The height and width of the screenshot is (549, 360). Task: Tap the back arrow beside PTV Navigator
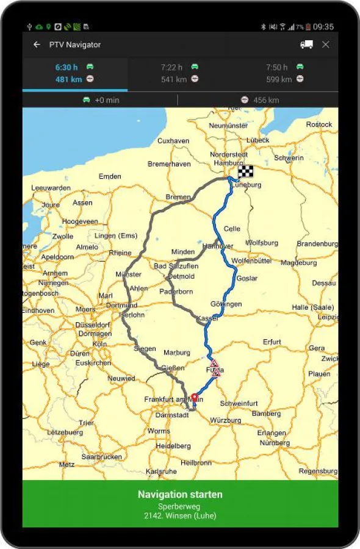[37, 45]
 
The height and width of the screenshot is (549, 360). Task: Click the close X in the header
[326, 45]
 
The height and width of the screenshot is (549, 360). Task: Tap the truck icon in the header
[307, 45]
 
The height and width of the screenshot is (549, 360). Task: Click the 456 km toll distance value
[266, 100]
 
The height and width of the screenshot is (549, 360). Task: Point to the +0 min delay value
[107, 100]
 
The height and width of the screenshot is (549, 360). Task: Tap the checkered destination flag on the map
[245, 171]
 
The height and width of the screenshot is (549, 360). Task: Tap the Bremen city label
[178, 197]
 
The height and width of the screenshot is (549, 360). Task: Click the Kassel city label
[207, 319]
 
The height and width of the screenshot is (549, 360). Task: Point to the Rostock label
[319, 124]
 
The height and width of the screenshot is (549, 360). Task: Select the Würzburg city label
[225, 420]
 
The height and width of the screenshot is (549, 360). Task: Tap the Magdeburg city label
[298, 263]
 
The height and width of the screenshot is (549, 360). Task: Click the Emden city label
[110, 176]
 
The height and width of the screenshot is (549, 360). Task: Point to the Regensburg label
[318, 471]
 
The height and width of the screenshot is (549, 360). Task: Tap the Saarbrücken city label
[102, 456]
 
